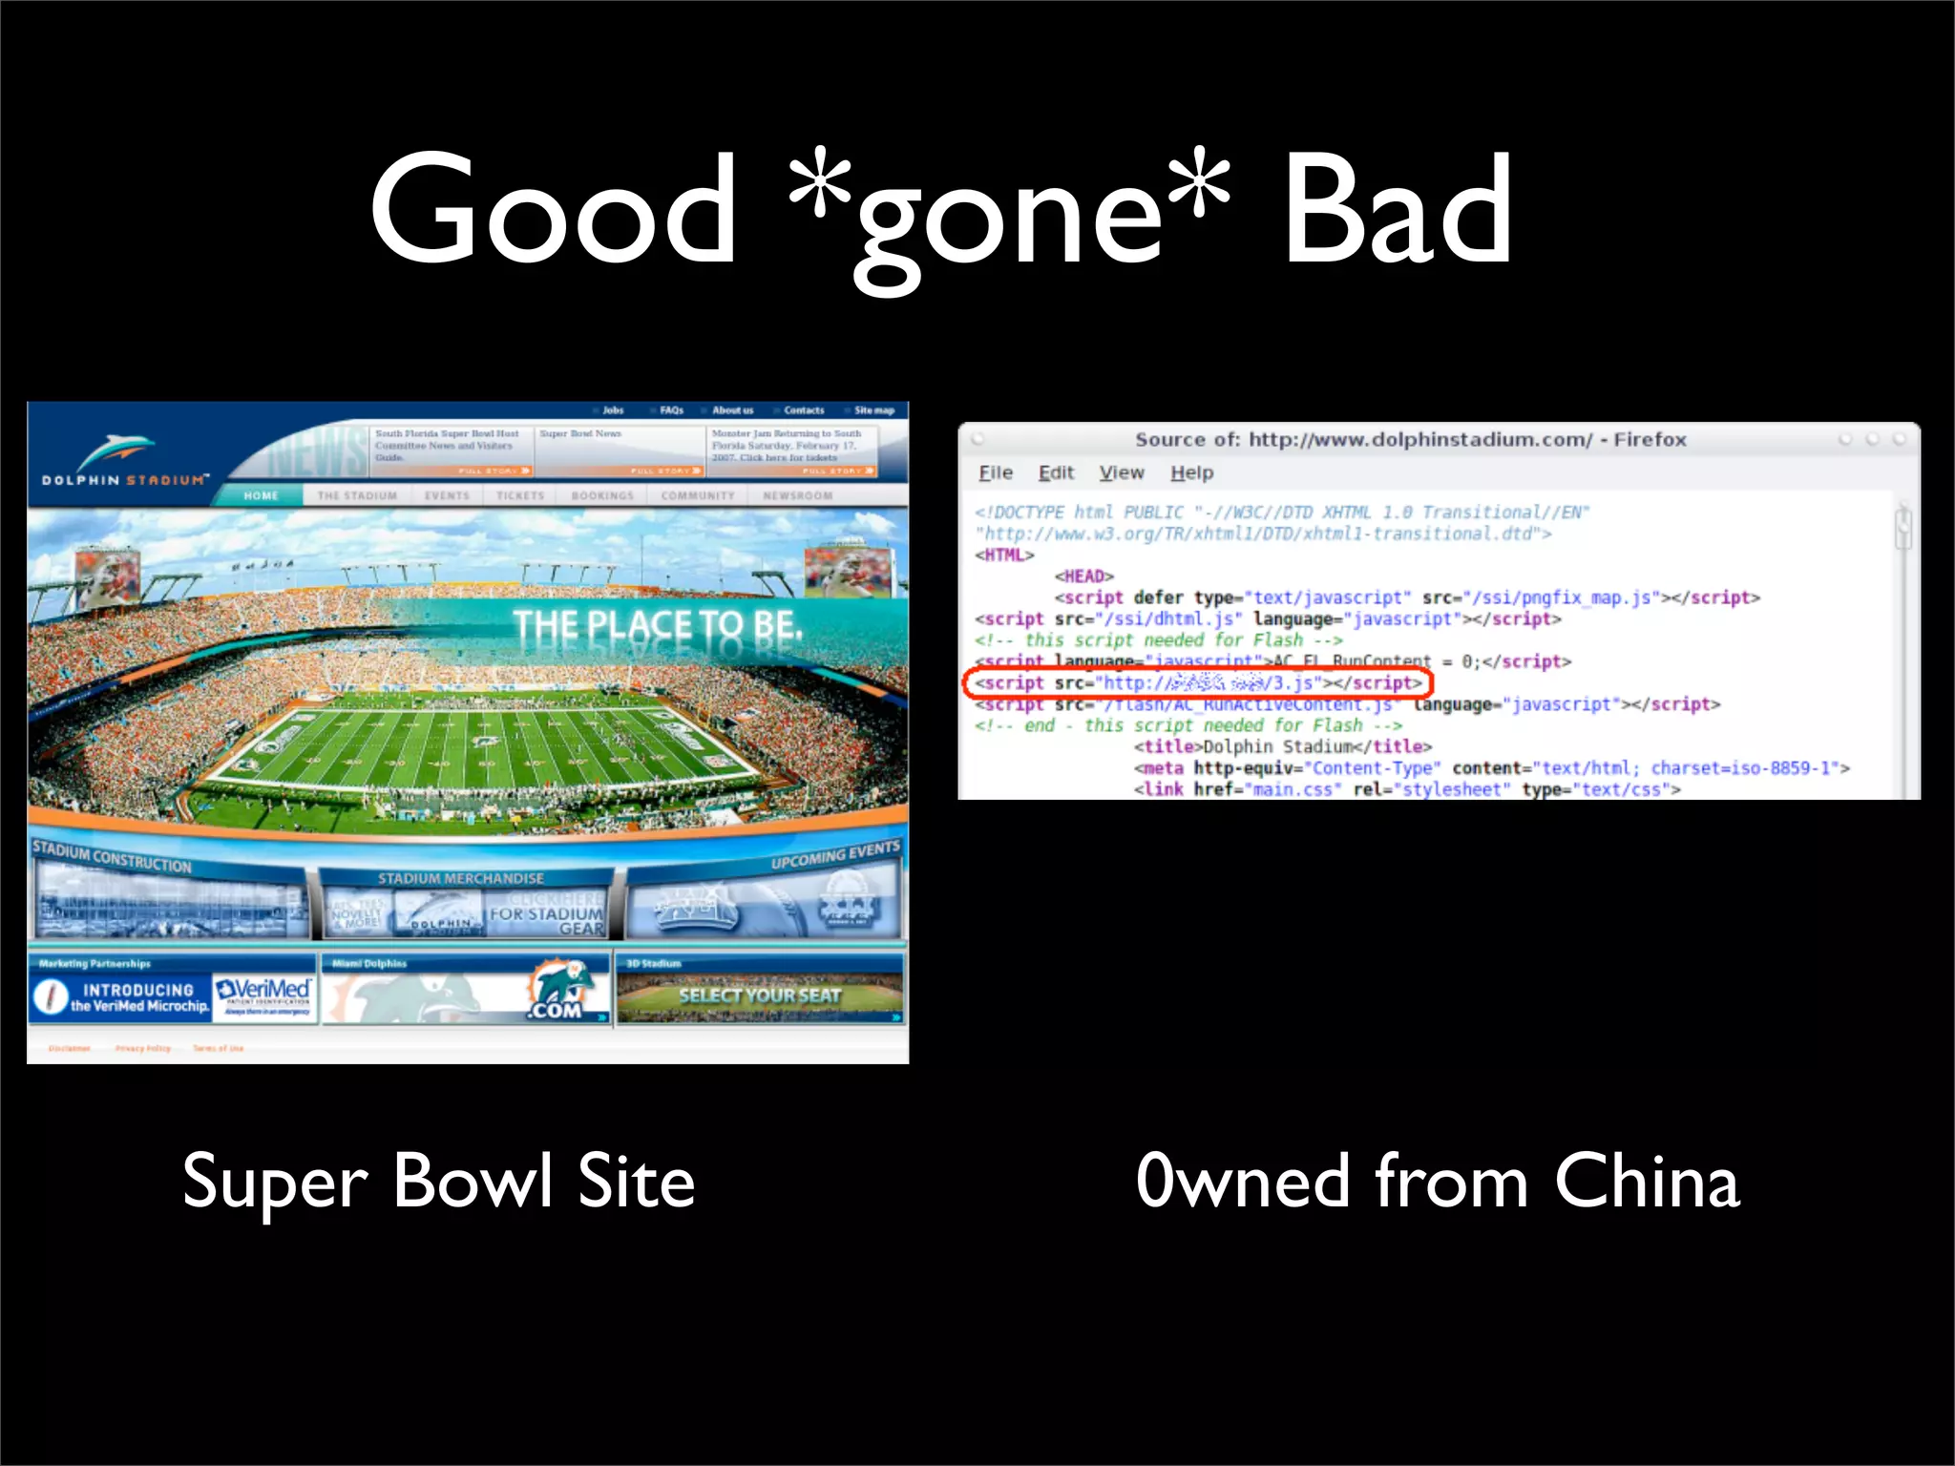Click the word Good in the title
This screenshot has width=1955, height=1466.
[x=553, y=209]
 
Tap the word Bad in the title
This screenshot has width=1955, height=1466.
[x=1396, y=209]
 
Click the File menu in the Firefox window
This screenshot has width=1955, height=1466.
[x=996, y=472]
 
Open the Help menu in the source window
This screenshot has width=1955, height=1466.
[x=1191, y=472]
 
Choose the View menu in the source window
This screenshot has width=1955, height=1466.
[x=1121, y=472]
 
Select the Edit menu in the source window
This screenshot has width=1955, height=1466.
[x=1056, y=472]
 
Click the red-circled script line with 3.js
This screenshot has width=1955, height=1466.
[x=1198, y=683]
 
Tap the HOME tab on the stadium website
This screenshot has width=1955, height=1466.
[x=261, y=495]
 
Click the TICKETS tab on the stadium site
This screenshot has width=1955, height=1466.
[x=520, y=495]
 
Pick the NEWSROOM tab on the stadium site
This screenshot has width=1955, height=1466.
[x=798, y=495]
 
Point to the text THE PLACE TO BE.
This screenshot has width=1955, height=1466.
[x=658, y=626]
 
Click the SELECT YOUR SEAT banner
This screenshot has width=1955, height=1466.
[x=759, y=995]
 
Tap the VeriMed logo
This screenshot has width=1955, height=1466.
[x=263, y=993]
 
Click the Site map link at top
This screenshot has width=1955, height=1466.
[x=873, y=410]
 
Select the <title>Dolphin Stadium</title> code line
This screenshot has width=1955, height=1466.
[x=1282, y=746]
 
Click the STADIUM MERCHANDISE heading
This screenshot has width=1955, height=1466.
[x=461, y=878]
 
